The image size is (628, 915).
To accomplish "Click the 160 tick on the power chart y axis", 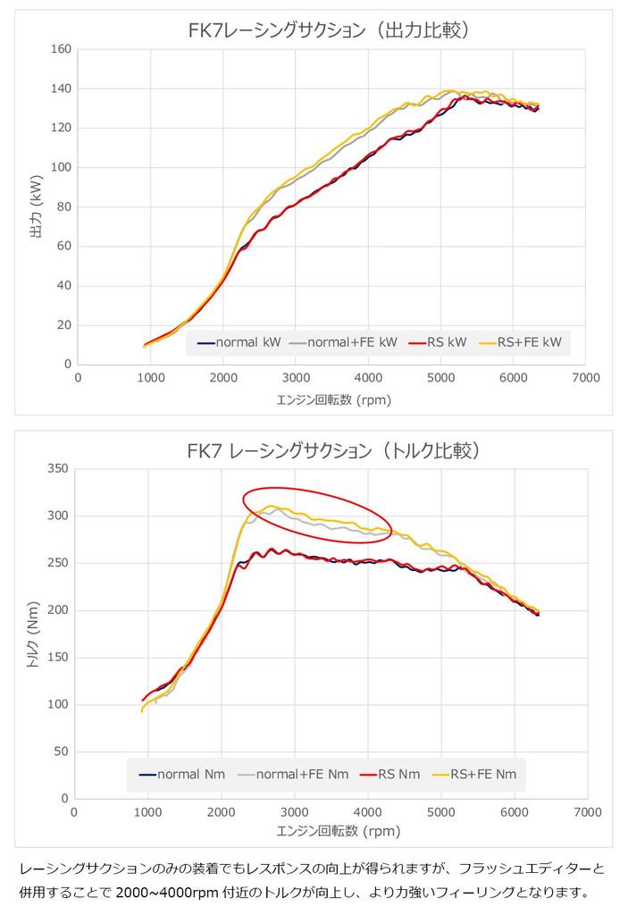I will tap(61, 49).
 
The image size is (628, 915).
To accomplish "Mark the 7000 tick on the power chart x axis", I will tap(585, 378).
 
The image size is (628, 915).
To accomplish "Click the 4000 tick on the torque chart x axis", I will tap(367, 812).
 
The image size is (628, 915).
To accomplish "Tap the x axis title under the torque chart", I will tap(331, 830).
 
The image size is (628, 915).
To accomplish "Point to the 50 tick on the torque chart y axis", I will tap(60, 751).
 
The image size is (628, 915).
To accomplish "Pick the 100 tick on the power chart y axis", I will tap(61, 167).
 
